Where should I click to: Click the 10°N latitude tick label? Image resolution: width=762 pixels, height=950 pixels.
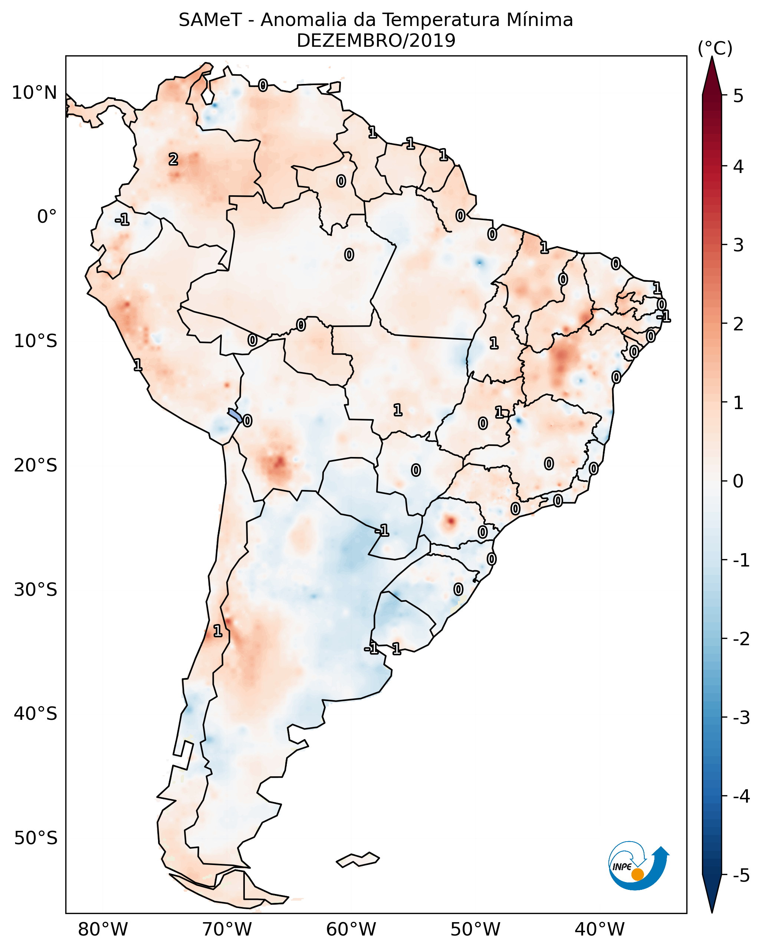pyautogui.click(x=35, y=93)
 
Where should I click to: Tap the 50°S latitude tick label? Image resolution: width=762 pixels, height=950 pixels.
pyautogui.click(x=35, y=838)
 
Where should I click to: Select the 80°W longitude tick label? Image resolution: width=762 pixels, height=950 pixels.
pyautogui.click(x=102, y=930)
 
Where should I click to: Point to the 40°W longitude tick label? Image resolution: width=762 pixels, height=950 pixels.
pyautogui.click(x=600, y=930)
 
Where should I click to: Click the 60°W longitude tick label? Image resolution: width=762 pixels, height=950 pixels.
pyautogui.click(x=351, y=930)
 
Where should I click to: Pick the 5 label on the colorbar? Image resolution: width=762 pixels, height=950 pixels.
pyautogui.click(x=738, y=96)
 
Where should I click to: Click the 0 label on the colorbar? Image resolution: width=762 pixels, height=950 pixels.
pyautogui.click(x=738, y=481)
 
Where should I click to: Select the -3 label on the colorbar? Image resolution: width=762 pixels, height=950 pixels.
pyautogui.click(x=741, y=718)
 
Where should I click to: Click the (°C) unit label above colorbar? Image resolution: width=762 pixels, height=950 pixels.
pyautogui.click(x=715, y=49)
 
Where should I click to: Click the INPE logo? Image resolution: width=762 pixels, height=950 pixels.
pyautogui.click(x=639, y=867)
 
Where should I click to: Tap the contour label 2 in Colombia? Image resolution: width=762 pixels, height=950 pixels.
pyautogui.click(x=174, y=159)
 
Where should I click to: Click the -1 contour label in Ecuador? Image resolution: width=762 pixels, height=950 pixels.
pyautogui.click(x=122, y=219)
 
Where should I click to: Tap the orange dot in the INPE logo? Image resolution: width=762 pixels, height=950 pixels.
pyautogui.click(x=637, y=875)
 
